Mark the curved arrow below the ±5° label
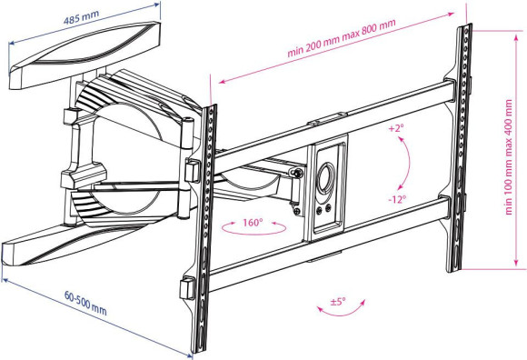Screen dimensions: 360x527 tap(338, 315)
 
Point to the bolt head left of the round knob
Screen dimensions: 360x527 tap(295, 175)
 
